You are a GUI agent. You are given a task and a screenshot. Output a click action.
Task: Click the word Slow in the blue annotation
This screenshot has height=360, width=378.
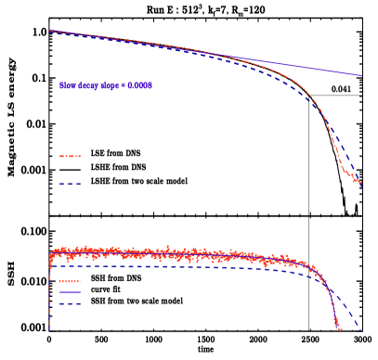click(x=68, y=85)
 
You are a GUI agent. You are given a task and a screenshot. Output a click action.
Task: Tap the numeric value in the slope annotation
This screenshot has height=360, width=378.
click(x=139, y=85)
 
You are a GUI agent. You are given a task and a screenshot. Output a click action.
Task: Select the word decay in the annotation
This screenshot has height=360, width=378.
click(x=88, y=85)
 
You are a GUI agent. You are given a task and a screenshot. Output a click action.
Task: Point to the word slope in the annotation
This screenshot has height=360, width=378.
click(x=111, y=85)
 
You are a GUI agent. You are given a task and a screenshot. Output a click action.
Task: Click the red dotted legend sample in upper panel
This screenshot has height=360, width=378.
click(x=71, y=156)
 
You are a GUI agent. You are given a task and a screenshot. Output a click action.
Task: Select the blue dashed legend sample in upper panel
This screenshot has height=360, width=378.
click(x=71, y=184)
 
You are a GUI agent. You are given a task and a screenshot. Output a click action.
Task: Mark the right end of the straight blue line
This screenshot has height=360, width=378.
click(x=361, y=75)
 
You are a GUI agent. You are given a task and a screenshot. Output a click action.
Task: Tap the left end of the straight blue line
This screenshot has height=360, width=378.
click(x=49, y=31)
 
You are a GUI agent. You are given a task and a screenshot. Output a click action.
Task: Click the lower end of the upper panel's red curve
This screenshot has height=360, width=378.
click(x=360, y=184)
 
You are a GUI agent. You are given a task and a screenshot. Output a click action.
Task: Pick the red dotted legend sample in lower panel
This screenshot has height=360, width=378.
click(x=71, y=281)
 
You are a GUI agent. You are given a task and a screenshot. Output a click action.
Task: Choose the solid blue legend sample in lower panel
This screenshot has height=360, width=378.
click(x=71, y=292)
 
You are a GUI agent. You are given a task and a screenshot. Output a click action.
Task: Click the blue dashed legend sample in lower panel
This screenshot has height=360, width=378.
click(x=71, y=303)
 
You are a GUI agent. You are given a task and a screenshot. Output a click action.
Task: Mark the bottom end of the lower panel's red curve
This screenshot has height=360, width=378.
click(x=340, y=328)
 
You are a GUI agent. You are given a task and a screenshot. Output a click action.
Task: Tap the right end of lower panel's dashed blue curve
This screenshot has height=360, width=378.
click(x=360, y=327)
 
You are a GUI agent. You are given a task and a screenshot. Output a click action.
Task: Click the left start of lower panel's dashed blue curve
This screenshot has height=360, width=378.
click(x=50, y=266)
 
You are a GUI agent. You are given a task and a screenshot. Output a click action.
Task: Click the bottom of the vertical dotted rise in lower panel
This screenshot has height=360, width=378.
click(x=49, y=329)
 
